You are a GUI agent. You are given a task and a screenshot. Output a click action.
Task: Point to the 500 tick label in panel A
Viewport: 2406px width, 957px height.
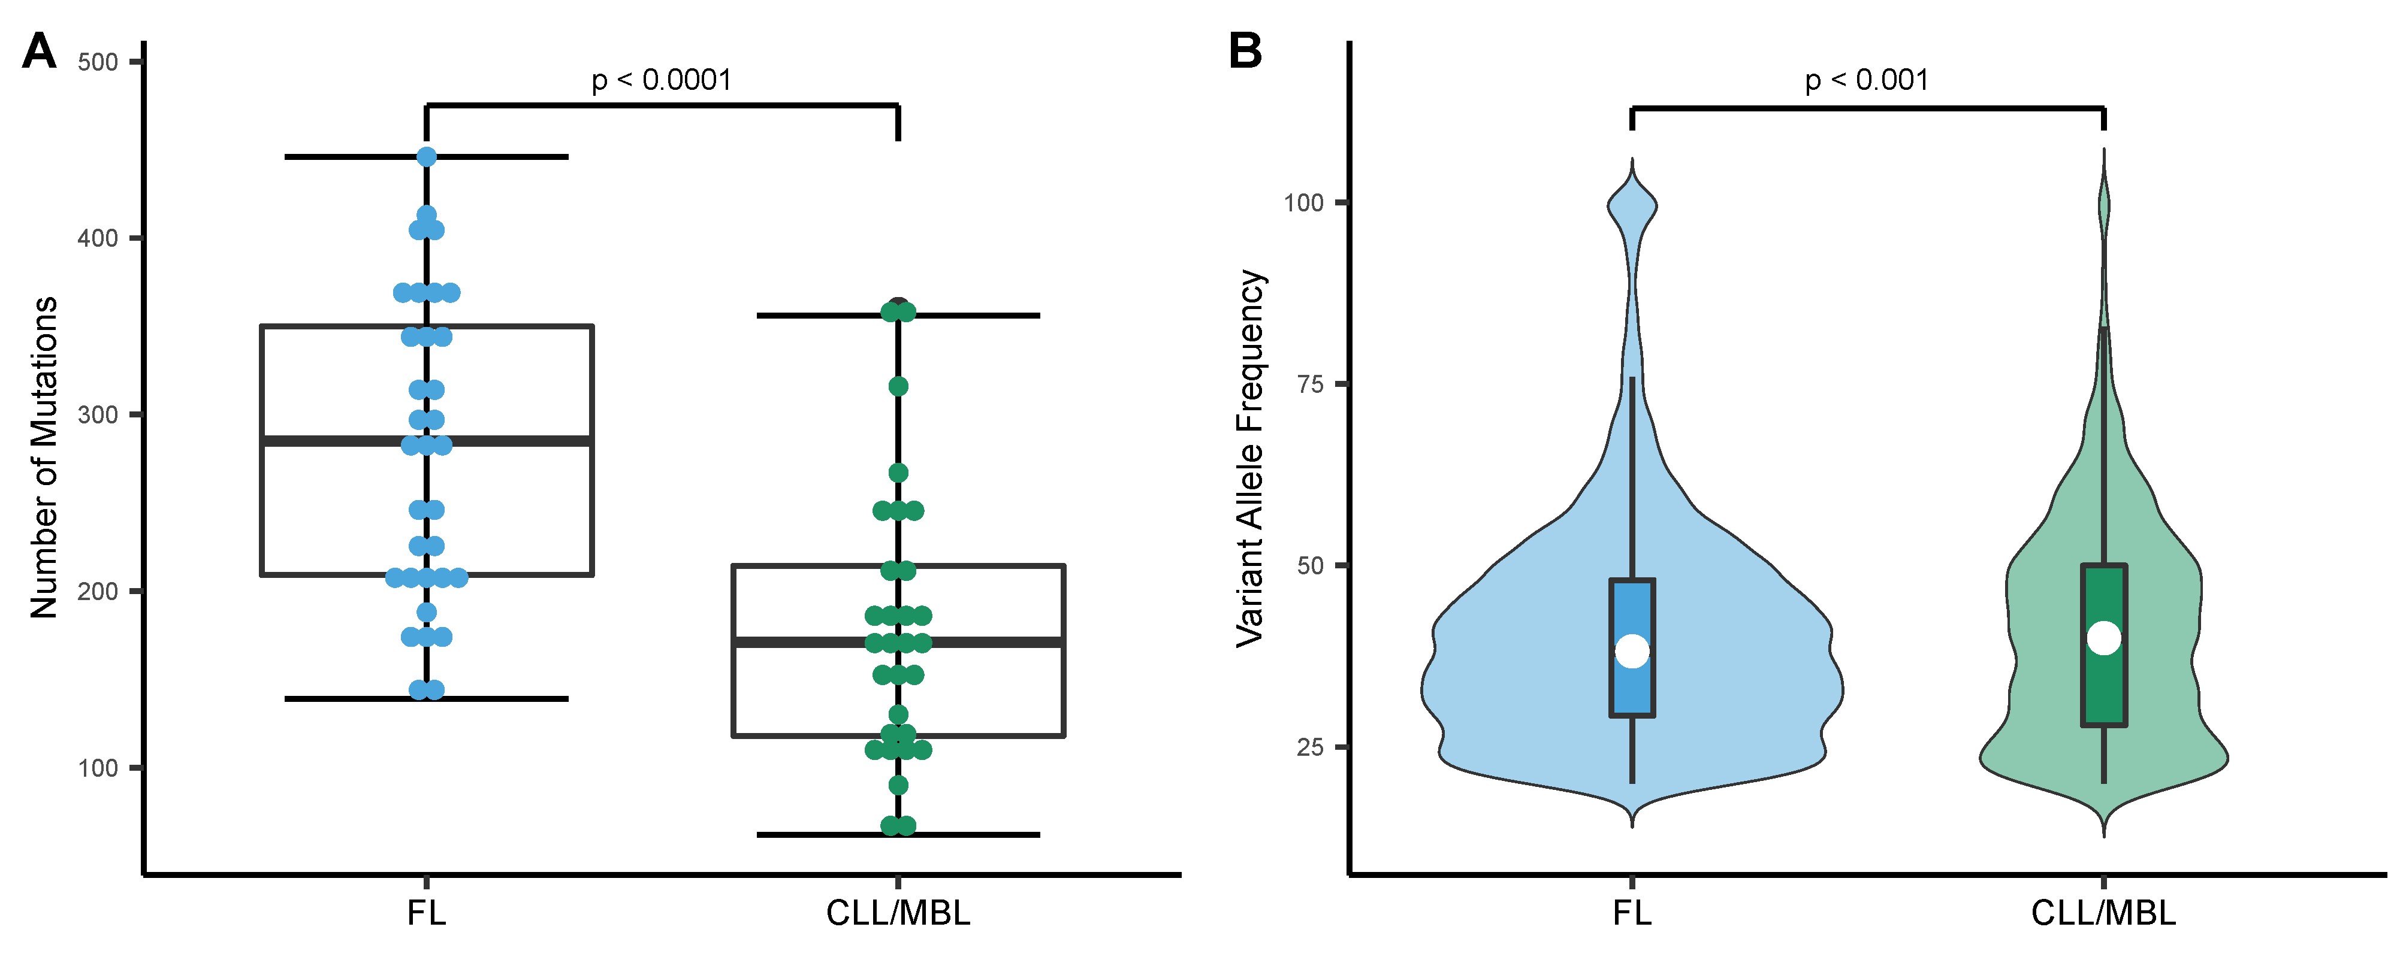(x=97, y=62)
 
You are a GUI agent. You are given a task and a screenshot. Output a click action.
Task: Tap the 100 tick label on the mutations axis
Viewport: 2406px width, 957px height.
(x=97, y=768)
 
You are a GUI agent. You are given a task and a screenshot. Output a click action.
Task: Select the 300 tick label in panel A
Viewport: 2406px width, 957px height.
(x=97, y=416)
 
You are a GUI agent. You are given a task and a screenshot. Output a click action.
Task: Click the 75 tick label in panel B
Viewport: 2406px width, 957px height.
(x=1311, y=384)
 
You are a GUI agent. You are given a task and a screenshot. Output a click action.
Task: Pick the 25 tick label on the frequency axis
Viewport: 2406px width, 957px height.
(x=1311, y=747)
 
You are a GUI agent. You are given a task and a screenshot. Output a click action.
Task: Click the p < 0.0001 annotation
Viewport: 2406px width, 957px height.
(x=662, y=80)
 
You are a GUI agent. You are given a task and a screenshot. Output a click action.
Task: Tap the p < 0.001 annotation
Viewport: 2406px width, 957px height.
(x=1866, y=80)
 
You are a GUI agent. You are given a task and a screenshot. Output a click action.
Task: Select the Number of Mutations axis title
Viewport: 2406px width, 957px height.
(x=44, y=458)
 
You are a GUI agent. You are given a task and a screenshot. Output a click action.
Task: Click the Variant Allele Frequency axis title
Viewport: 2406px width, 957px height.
(x=1249, y=458)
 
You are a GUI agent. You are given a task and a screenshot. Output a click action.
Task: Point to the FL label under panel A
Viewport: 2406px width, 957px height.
(x=426, y=912)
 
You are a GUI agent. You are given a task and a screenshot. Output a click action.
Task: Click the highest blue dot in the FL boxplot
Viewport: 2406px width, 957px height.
(x=427, y=157)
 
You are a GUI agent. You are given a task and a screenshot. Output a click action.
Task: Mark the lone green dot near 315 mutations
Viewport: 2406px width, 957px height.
(x=898, y=386)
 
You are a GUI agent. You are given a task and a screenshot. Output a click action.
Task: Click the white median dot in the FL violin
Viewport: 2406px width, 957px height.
(x=1632, y=651)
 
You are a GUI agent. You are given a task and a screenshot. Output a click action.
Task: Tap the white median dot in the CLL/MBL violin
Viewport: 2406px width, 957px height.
(x=2103, y=638)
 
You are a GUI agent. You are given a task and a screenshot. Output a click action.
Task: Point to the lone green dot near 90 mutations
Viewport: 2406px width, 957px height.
(x=898, y=785)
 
